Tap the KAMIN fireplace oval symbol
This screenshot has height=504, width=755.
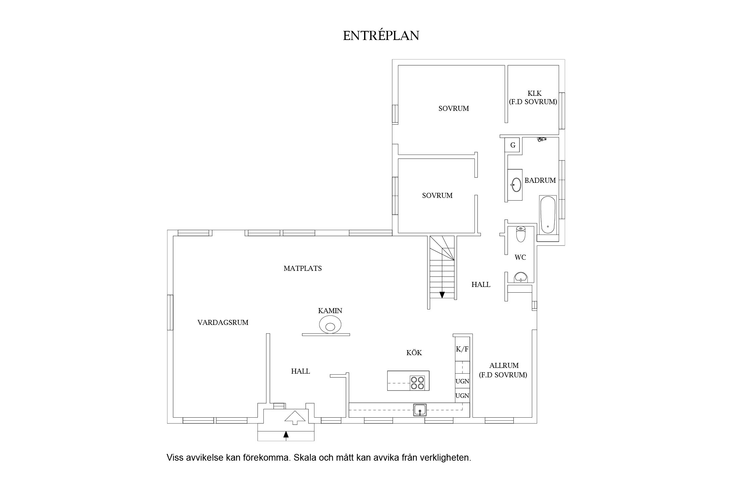click(x=331, y=326)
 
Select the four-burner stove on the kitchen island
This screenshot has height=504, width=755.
click(x=417, y=383)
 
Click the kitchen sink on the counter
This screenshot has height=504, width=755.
click(x=420, y=410)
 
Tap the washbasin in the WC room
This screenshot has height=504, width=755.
click(x=520, y=278)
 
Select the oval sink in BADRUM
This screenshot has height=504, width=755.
click(x=516, y=184)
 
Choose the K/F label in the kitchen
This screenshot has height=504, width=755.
click(x=462, y=349)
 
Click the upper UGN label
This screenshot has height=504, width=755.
click(x=462, y=381)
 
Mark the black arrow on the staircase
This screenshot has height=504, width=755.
click(x=442, y=295)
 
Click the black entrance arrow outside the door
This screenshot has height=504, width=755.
click(x=286, y=434)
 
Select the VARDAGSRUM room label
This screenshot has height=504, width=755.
click(x=223, y=323)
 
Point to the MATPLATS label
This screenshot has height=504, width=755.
click(x=303, y=268)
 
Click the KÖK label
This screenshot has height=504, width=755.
click(x=414, y=353)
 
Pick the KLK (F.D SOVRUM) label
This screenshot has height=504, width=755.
click(x=533, y=97)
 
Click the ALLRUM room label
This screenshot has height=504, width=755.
click(x=503, y=366)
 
